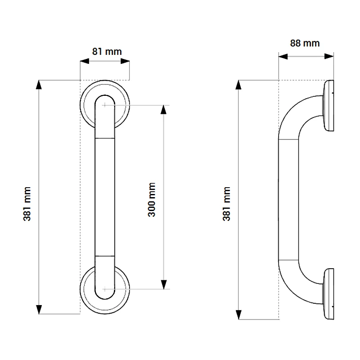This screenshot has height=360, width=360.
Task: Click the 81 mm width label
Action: (x=107, y=51)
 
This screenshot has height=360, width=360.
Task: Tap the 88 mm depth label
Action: (x=305, y=43)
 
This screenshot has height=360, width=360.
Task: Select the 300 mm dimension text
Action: (x=152, y=199)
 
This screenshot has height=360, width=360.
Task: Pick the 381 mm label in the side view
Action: (x=227, y=203)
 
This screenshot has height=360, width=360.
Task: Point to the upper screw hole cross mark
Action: (x=105, y=105)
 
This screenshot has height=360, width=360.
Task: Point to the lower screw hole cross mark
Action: (x=105, y=288)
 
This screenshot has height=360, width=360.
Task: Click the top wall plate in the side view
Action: (x=329, y=107)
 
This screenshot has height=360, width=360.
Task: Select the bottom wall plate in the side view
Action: (x=329, y=293)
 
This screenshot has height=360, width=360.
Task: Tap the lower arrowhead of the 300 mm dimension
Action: (x=163, y=284)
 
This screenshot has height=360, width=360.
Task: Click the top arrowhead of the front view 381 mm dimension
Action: (x=40, y=85)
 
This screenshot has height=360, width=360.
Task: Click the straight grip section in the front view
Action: (x=105, y=198)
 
